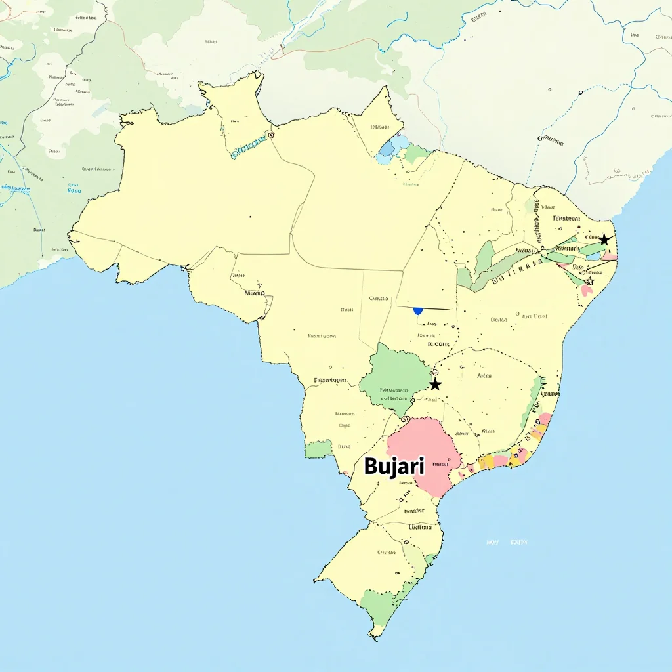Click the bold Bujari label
click(x=394, y=467)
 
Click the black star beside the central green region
click(x=435, y=384)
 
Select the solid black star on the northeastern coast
click(x=604, y=240)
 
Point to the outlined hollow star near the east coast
click(x=589, y=281)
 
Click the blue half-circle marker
click(x=418, y=310)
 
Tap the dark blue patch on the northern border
click(x=387, y=149)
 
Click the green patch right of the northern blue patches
click(x=416, y=155)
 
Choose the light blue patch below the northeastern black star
click(x=595, y=256)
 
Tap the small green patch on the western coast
click(x=319, y=450)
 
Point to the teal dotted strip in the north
click(x=249, y=148)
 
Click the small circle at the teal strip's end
click(x=270, y=135)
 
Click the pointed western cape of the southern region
click(x=316, y=580)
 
